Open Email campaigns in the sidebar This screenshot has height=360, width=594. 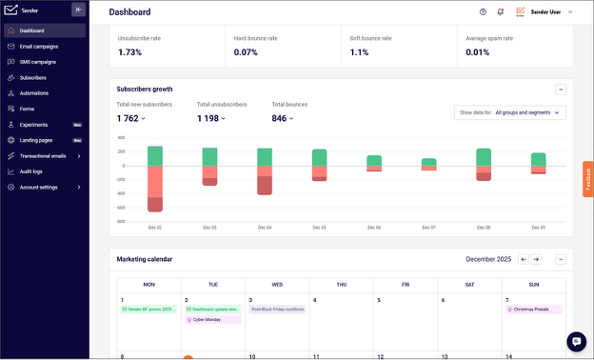[x=39, y=46]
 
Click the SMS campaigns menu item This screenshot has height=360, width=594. [x=38, y=61]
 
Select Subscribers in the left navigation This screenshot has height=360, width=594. [x=32, y=77]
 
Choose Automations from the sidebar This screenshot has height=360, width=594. [x=33, y=93]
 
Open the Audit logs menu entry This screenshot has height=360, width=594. [x=31, y=170]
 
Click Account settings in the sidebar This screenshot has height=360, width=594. [x=38, y=187]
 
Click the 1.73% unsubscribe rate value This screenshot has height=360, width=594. [x=129, y=52]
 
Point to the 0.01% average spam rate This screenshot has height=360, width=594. [x=478, y=52]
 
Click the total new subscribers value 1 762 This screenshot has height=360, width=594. [x=128, y=118]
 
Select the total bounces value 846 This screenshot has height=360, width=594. [x=279, y=118]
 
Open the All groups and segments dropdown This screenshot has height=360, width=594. [x=511, y=112]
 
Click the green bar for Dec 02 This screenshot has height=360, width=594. [x=154, y=155]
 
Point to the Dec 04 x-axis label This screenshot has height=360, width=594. [x=264, y=228]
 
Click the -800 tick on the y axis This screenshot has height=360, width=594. [x=121, y=221]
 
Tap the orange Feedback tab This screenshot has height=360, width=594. [x=587, y=179]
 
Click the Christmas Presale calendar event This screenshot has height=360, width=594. [x=534, y=310]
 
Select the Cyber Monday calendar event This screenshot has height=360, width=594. [x=211, y=320]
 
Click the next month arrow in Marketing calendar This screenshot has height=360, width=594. [x=536, y=259]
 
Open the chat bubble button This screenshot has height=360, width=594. [x=576, y=341]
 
